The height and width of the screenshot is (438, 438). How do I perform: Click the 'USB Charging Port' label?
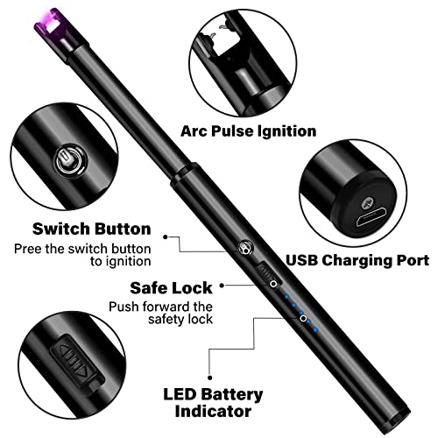pos(357,260)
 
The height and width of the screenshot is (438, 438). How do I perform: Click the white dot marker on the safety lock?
pos(274,284)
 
